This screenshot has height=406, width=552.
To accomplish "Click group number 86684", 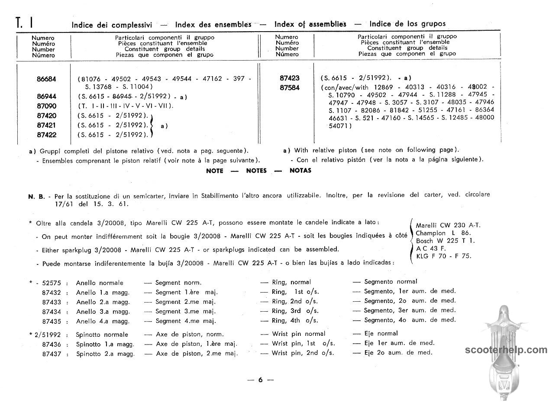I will (46, 79).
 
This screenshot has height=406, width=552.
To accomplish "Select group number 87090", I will (46, 106).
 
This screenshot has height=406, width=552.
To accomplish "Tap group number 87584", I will (290, 88).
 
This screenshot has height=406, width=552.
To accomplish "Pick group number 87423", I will (290, 78).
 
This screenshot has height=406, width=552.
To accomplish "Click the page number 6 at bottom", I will (260, 380).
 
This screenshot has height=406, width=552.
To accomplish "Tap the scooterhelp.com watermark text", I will (506, 350).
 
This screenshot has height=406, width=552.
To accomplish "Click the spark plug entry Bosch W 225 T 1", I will (445, 241).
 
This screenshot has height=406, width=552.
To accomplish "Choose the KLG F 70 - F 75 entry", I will (443, 256).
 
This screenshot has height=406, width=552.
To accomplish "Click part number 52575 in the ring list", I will (52, 283).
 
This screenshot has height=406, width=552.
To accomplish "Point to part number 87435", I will (52, 322).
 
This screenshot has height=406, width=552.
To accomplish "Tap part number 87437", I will (52, 354).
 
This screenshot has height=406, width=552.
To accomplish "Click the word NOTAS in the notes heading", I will (300, 171).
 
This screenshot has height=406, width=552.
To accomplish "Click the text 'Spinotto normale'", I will (102, 335).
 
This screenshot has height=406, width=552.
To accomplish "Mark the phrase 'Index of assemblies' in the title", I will (310, 24).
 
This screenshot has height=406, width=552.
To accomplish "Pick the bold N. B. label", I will (36, 197).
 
